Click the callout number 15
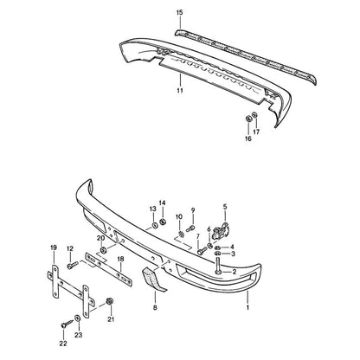(179, 12)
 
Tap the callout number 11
(180, 91)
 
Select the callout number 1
(247, 307)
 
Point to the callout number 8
(155, 308)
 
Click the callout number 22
(63, 344)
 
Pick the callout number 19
(54, 247)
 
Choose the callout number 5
(225, 207)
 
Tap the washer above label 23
(78, 318)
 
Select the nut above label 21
(110, 301)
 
